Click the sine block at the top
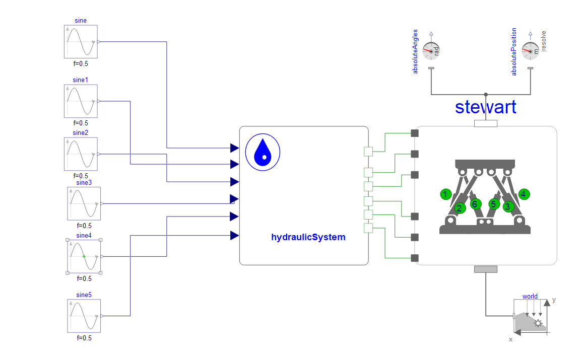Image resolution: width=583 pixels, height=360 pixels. pos(81,42)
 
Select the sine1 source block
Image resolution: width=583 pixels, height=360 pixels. pos(81,101)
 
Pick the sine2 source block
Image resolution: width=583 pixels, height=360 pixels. pos(81,154)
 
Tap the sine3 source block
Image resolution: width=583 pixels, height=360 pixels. pos(84,203)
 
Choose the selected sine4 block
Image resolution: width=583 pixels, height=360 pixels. pos(84,256)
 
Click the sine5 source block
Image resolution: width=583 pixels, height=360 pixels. pos(84,316)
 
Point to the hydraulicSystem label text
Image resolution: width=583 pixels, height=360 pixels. pos(308,237)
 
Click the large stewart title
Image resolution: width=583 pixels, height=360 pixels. pos(485,107)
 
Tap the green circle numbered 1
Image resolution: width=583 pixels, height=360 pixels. pos(445,194)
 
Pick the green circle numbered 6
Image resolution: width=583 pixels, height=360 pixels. pos(474,204)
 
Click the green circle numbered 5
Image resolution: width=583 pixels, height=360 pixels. pos(494,204)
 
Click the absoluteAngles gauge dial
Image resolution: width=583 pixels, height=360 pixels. pos(431,51)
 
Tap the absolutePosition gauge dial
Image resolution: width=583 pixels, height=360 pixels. pos(530,51)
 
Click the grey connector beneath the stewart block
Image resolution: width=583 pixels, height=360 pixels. pos(486,269)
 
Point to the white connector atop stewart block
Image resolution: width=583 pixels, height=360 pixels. pos(486,124)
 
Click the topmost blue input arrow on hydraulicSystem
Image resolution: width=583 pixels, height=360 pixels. pos(234,148)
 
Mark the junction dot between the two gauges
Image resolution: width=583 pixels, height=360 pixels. pos(486,94)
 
